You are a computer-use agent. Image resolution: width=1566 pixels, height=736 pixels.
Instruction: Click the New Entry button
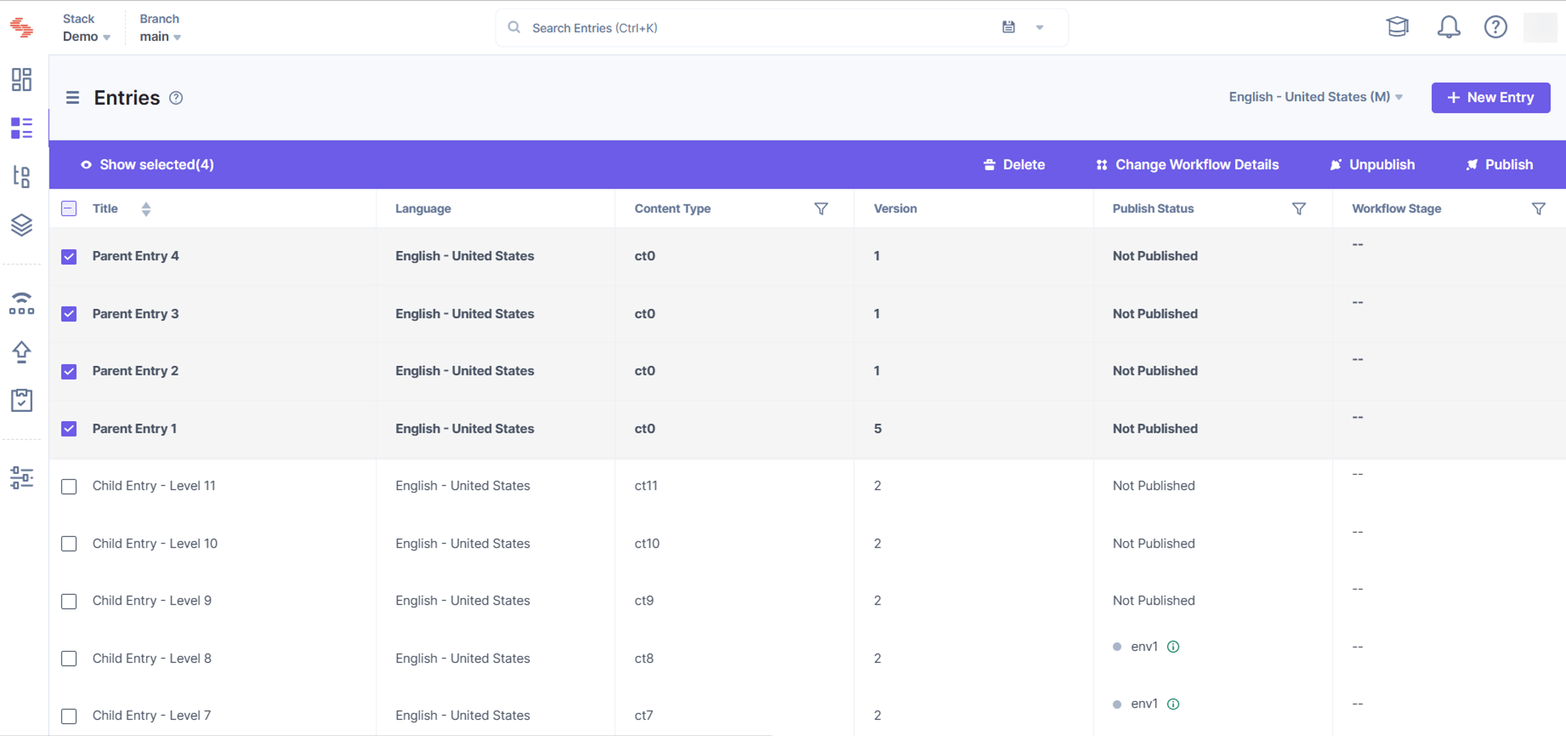1490,97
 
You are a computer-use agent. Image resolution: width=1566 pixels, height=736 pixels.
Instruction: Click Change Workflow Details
1187,165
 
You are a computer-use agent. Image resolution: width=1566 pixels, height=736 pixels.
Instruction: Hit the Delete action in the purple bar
1014,165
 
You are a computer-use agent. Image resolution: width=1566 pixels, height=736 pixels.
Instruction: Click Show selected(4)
147,165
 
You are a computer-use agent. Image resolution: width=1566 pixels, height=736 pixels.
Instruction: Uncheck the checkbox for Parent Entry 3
69,314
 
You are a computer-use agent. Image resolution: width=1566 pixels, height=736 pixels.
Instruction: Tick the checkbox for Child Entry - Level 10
69,544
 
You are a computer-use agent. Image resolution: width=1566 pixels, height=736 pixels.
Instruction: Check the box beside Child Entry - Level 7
69,716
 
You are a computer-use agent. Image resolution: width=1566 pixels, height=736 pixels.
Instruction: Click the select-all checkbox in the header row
69,209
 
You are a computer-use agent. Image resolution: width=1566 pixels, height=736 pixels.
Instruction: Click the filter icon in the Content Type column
821,209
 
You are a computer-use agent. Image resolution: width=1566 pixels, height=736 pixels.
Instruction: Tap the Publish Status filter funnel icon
1298,209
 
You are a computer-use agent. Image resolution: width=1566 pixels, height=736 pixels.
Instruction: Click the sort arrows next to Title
146,209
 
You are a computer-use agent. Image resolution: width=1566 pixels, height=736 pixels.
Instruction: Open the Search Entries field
754,28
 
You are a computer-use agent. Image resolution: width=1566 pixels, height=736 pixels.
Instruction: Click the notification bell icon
1449,27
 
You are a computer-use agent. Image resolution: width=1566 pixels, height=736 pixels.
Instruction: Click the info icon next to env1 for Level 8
1173,647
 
